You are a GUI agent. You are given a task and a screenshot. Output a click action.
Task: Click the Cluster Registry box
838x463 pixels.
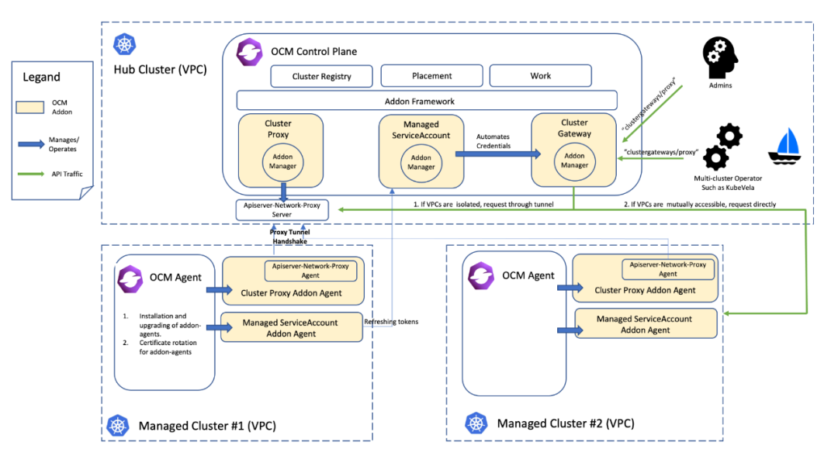click(x=321, y=76)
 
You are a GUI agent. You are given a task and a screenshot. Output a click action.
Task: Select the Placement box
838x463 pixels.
click(x=431, y=76)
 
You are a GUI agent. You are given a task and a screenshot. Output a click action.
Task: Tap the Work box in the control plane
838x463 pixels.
click(x=540, y=76)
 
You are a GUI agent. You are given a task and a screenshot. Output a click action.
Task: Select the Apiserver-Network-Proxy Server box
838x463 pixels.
click(x=282, y=209)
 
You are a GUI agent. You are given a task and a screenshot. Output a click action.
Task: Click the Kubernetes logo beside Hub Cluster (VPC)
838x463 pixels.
click(x=123, y=44)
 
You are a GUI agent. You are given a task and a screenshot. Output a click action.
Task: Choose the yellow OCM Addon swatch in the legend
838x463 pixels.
click(x=40, y=106)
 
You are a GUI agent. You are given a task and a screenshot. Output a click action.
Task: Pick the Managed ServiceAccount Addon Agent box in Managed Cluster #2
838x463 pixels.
click(x=645, y=324)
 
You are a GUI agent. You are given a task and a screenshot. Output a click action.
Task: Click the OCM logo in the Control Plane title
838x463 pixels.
click(x=251, y=53)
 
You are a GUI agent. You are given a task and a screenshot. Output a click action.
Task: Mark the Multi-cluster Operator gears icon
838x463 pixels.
click(x=721, y=147)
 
